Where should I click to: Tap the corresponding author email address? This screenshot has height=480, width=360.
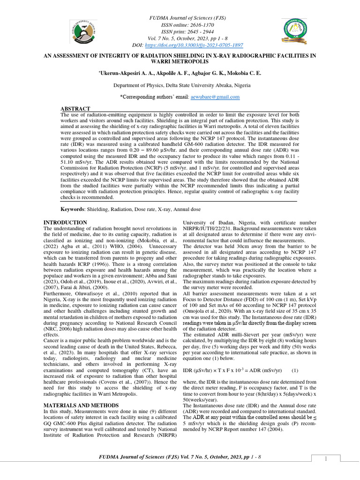point(215,97)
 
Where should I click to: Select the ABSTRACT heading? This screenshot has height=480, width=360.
point(75,109)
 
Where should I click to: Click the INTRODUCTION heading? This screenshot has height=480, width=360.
point(65,222)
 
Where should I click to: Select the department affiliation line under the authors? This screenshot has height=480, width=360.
point(181,85)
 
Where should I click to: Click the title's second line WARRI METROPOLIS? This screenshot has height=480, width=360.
point(180,61)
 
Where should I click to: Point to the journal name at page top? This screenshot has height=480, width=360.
point(180,18)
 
